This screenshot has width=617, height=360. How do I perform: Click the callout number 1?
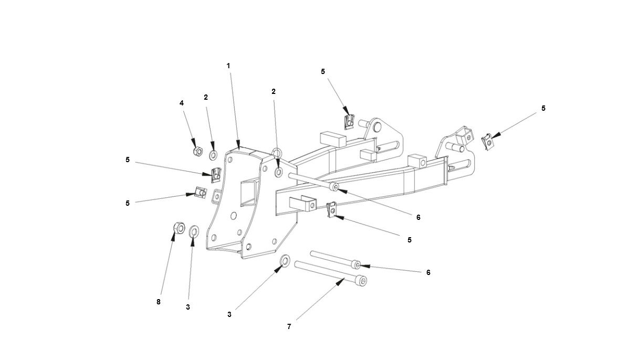click(x=228, y=66)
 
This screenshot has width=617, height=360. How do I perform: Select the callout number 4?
click(x=182, y=103)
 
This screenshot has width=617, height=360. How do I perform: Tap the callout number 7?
click(x=289, y=326)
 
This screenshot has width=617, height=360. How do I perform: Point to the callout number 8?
click(x=159, y=302)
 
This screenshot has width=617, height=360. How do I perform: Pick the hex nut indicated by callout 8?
click(x=178, y=228)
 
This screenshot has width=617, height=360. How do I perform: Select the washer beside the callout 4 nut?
click(x=214, y=155)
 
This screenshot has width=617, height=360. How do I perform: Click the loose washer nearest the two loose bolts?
click(x=285, y=260)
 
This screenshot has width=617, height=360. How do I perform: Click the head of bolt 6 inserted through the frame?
click(x=334, y=187)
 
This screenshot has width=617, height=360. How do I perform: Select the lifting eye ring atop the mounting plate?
click(x=278, y=153)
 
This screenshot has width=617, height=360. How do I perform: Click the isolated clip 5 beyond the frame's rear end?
click(x=488, y=142)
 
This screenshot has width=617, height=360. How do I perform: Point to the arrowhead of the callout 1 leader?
click(x=239, y=148)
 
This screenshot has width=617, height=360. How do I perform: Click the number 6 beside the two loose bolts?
click(x=428, y=273)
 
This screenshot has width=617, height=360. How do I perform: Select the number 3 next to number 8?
click(x=187, y=307)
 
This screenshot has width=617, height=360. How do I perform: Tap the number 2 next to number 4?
click(x=206, y=97)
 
